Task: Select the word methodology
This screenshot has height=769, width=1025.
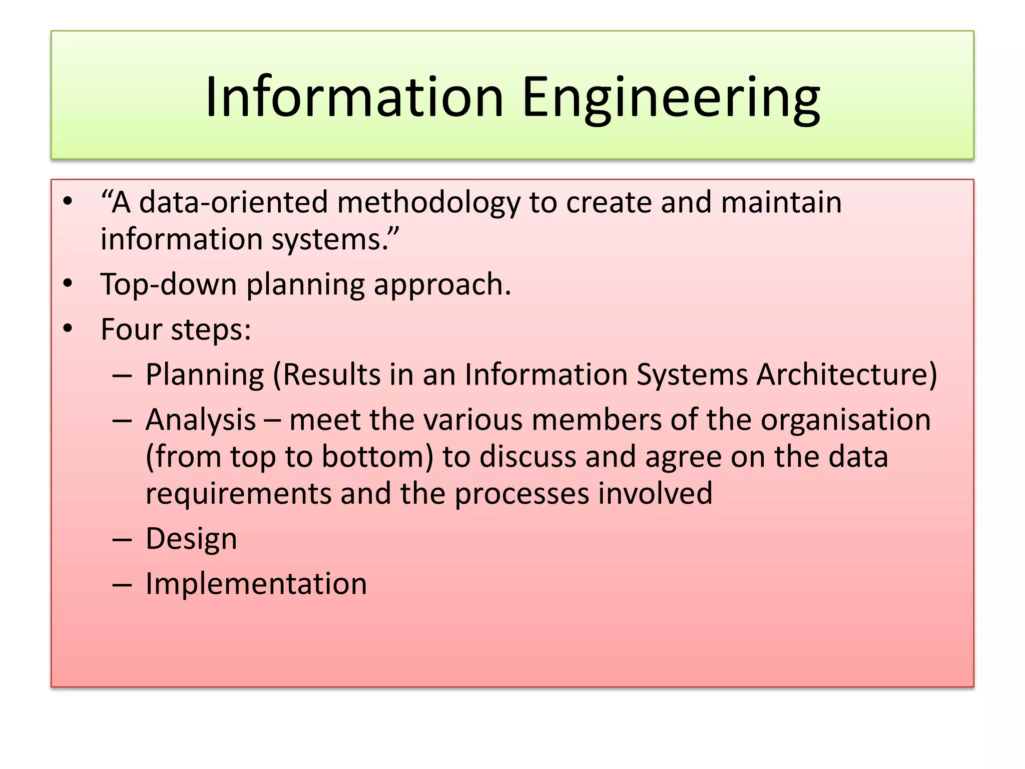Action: click(429, 202)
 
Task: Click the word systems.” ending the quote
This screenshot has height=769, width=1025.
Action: click(335, 239)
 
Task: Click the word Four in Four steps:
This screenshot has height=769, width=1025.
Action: click(131, 329)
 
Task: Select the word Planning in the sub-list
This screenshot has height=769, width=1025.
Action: click(205, 374)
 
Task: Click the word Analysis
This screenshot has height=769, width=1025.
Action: click(201, 420)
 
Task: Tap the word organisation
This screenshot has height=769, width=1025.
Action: click(846, 420)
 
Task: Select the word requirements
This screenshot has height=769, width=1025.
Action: click(238, 494)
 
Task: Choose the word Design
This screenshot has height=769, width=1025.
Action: click(191, 539)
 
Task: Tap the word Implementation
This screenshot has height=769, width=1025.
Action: click(256, 584)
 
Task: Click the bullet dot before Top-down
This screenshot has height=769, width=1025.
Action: click(68, 284)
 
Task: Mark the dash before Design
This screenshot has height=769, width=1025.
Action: click(122, 540)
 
